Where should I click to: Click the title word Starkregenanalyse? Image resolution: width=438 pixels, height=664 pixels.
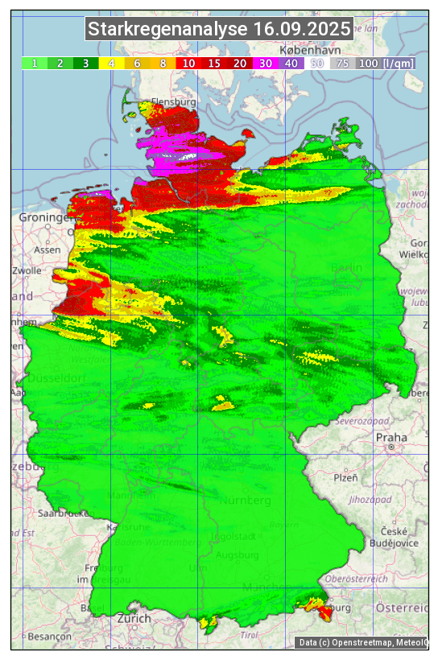(x=167, y=30)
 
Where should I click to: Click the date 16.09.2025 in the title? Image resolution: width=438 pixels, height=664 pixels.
(x=302, y=30)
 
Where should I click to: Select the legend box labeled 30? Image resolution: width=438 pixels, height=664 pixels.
(x=267, y=63)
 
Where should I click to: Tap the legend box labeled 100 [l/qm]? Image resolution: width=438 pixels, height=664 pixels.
(x=386, y=63)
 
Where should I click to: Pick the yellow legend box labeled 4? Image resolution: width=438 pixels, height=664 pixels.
(x=111, y=63)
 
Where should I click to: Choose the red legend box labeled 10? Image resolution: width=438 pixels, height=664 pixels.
(x=188, y=63)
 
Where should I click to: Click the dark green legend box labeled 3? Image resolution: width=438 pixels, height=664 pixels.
(x=86, y=63)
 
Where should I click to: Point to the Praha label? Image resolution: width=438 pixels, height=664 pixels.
(x=390, y=437)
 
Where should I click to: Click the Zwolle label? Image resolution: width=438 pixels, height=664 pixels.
(x=26, y=270)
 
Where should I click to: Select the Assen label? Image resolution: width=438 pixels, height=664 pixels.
(x=48, y=250)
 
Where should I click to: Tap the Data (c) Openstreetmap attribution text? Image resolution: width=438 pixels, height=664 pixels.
(x=362, y=642)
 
